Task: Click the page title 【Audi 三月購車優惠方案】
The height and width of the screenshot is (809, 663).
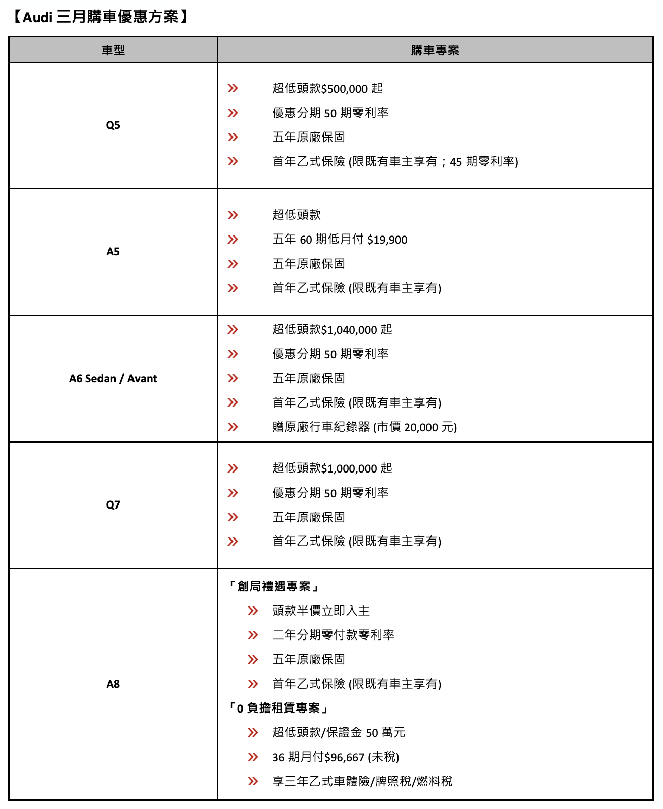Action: [x=100, y=17]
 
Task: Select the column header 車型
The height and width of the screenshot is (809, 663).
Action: [x=113, y=50]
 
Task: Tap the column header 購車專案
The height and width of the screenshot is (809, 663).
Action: [x=435, y=50]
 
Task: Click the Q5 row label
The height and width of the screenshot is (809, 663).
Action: [x=113, y=125]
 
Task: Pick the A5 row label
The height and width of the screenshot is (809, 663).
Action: [x=113, y=252]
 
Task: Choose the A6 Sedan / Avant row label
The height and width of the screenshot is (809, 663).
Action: [x=113, y=379]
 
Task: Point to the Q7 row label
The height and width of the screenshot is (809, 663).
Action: [x=113, y=505]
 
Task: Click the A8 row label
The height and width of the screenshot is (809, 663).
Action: [x=113, y=684]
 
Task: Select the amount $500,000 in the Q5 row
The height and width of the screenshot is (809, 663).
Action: [x=345, y=89]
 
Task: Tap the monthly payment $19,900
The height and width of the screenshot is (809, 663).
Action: [x=387, y=240]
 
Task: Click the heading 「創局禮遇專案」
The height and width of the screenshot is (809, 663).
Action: [x=274, y=587]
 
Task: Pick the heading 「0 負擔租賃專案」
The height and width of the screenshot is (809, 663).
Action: [x=279, y=708]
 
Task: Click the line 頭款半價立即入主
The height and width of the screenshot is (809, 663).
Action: [x=321, y=611]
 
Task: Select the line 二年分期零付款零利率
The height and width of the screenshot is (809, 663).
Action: [x=333, y=635]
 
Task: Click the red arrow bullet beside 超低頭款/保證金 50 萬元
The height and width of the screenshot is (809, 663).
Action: [x=253, y=732]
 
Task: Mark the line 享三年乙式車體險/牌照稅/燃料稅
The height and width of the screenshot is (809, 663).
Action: [x=362, y=781]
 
